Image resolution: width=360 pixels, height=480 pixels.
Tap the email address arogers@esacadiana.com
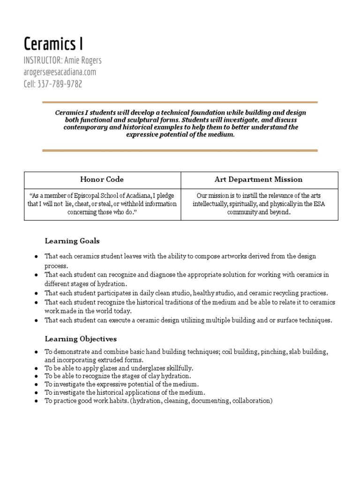[60, 72]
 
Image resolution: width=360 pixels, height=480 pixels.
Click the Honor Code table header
[102, 179]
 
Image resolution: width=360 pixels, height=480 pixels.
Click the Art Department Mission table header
[259, 179]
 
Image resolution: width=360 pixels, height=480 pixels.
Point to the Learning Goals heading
[72, 241]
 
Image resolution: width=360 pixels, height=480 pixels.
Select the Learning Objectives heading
[81, 338]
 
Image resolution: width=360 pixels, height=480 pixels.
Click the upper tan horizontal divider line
[180, 102]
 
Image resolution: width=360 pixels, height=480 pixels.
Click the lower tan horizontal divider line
[180, 150]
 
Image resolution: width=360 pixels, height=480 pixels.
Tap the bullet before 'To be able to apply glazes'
[36, 368]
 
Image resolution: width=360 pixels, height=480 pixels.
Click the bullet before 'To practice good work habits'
[36, 401]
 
